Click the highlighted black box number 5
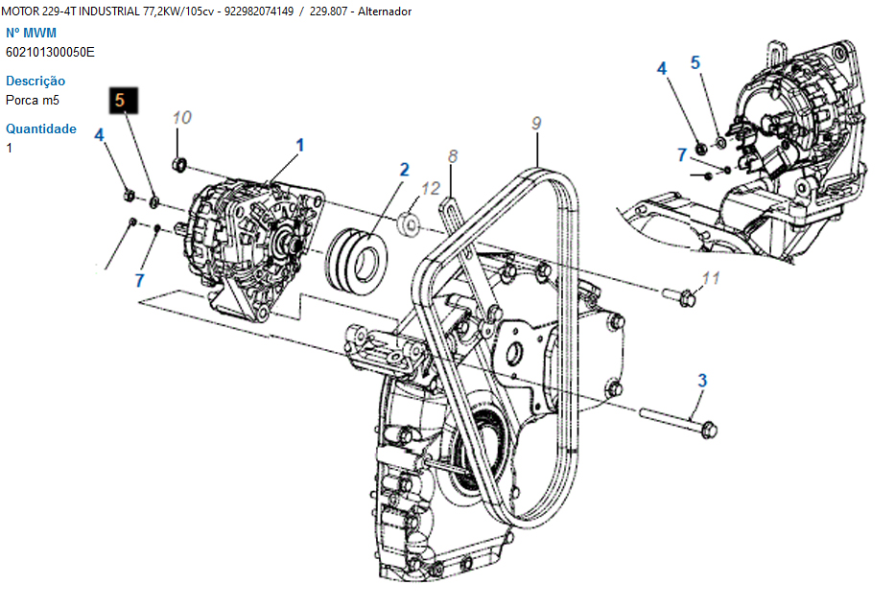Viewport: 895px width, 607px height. [124, 101]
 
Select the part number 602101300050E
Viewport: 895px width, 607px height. [50, 53]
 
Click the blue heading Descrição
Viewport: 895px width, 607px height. [35, 81]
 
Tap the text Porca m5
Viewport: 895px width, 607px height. [33, 101]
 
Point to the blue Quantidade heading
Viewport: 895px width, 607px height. [41, 128]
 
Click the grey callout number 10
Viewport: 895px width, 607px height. [182, 118]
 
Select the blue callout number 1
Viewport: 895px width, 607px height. [300, 145]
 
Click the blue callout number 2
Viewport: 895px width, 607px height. [405, 170]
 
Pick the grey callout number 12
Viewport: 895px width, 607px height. [431, 188]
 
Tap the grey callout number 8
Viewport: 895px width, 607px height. [453, 155]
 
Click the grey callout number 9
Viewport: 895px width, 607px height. [536, 123]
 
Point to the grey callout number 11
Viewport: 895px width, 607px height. [711, 278]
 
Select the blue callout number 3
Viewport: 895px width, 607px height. [702, 381]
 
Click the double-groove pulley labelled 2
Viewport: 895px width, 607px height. [356, 261]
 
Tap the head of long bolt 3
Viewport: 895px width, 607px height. [708, 429]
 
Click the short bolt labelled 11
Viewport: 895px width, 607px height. [679, 296]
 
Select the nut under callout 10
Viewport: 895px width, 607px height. [179, 165]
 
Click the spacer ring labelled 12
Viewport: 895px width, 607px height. [409, 223]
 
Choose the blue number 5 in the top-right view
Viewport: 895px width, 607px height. [695, 62]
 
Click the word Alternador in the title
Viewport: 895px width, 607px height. [385, 12]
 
